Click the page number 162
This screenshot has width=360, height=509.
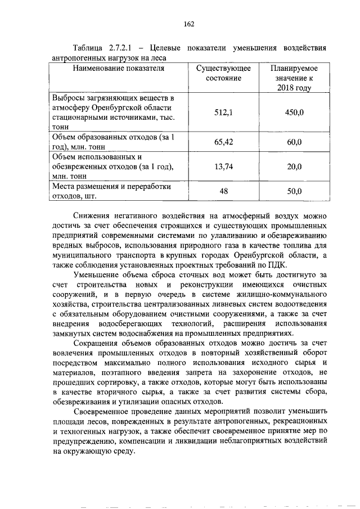point(188,24)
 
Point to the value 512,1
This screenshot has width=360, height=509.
point(223,112)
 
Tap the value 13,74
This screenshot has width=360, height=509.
point(223,166)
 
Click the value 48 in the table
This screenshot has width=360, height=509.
point(223,191)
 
